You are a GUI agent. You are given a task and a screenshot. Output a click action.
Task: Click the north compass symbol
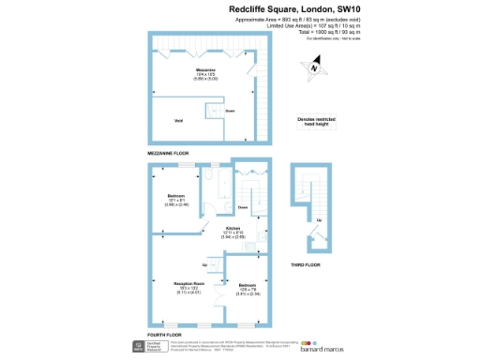[x=315, y=67]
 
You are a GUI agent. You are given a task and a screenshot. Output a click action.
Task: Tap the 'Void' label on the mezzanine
[x=179, y=120]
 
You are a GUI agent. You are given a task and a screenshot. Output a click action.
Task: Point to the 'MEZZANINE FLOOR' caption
[x=169, y=152]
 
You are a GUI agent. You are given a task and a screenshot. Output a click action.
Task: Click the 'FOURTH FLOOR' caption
[x=164, y=334]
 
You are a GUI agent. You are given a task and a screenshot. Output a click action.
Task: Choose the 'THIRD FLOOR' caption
[x=305, y=265]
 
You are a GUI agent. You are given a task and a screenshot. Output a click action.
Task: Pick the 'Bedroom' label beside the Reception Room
[x=247, y=284]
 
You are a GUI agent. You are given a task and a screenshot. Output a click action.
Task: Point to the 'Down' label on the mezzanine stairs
[x=231, y=111]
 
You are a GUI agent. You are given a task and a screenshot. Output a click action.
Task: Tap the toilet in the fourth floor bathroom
[x=211, y=176]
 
